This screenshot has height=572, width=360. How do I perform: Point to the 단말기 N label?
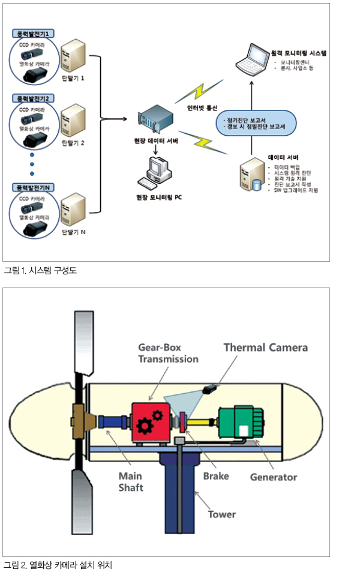[74, 231]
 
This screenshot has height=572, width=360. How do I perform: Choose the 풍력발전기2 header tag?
[34, 97]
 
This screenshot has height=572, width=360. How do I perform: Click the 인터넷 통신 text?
[200, 107]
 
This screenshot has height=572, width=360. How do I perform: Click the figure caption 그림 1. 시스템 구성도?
[40, 271]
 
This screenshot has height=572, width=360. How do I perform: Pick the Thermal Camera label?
[265, 348]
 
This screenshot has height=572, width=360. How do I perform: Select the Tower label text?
[221, 514]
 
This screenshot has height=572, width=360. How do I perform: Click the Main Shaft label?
[130, 481]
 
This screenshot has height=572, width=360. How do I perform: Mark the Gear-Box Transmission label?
[168, 353]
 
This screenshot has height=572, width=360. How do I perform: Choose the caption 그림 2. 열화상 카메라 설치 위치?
[58, 565]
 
